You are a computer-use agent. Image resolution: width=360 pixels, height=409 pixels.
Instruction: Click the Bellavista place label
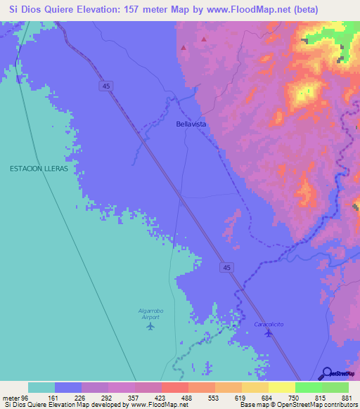coord(191,124)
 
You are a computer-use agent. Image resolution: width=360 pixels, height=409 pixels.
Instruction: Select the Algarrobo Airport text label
coord(150,314)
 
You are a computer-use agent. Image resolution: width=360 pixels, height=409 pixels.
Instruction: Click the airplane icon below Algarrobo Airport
coord(150,326)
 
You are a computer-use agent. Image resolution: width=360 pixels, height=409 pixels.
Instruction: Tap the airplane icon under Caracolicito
coord(268,333)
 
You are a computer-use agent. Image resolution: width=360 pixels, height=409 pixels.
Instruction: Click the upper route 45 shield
coord(105,85)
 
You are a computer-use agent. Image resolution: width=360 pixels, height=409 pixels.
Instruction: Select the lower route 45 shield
coord(224,267)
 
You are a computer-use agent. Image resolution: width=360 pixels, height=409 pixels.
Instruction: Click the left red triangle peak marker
coord(184,48)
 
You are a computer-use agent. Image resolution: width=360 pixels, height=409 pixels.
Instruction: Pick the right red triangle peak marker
coord(205,39)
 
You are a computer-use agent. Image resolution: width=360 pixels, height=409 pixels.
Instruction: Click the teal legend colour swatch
coord(41,387)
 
